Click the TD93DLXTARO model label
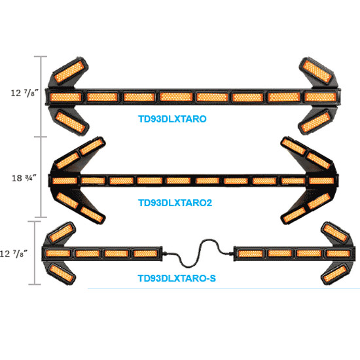172,119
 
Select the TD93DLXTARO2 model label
175,203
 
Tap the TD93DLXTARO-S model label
177,278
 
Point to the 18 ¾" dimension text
24,178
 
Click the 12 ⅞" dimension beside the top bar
24,93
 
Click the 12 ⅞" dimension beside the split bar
13,254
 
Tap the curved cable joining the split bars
198,253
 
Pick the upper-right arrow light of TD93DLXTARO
317,71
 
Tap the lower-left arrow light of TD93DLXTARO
71,122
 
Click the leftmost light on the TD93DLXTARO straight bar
65,97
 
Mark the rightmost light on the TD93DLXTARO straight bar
321,97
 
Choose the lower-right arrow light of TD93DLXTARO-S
334,274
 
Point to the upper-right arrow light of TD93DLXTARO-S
335,233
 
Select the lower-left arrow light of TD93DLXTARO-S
62,274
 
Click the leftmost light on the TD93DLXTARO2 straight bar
65,181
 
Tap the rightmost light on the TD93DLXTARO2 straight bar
321,181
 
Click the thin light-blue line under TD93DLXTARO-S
224,288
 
